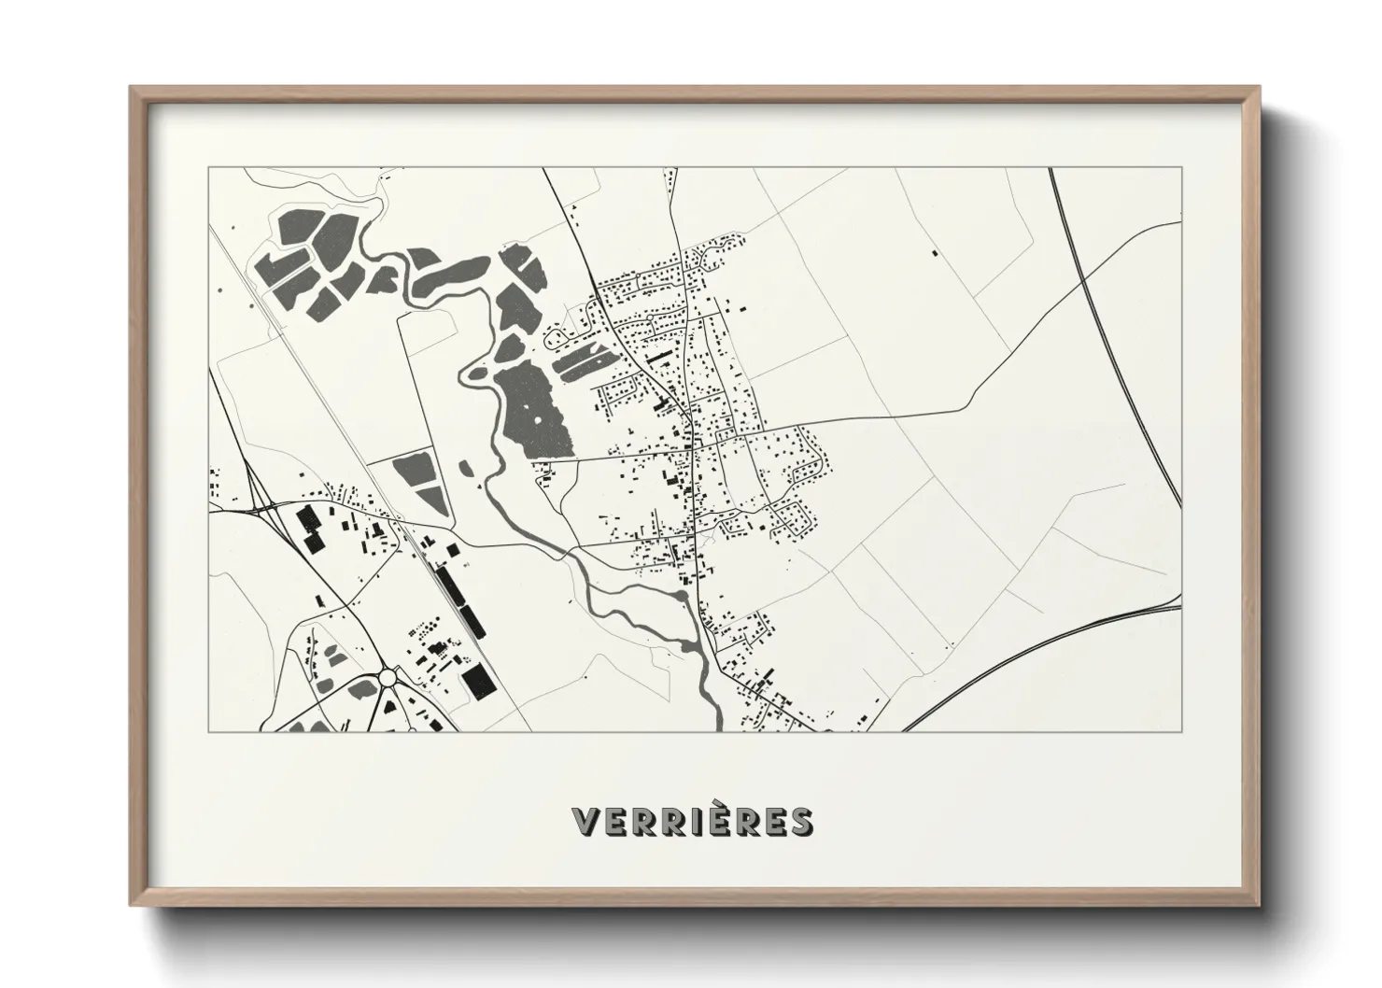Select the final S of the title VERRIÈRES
pyautogui.click(x=799, y=822)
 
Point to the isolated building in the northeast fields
pyautogui.click(x=933, y=252)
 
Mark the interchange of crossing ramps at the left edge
pyautogui.click(x=264, y=509)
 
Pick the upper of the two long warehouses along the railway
pyautogui.click(x=451, y=586)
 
